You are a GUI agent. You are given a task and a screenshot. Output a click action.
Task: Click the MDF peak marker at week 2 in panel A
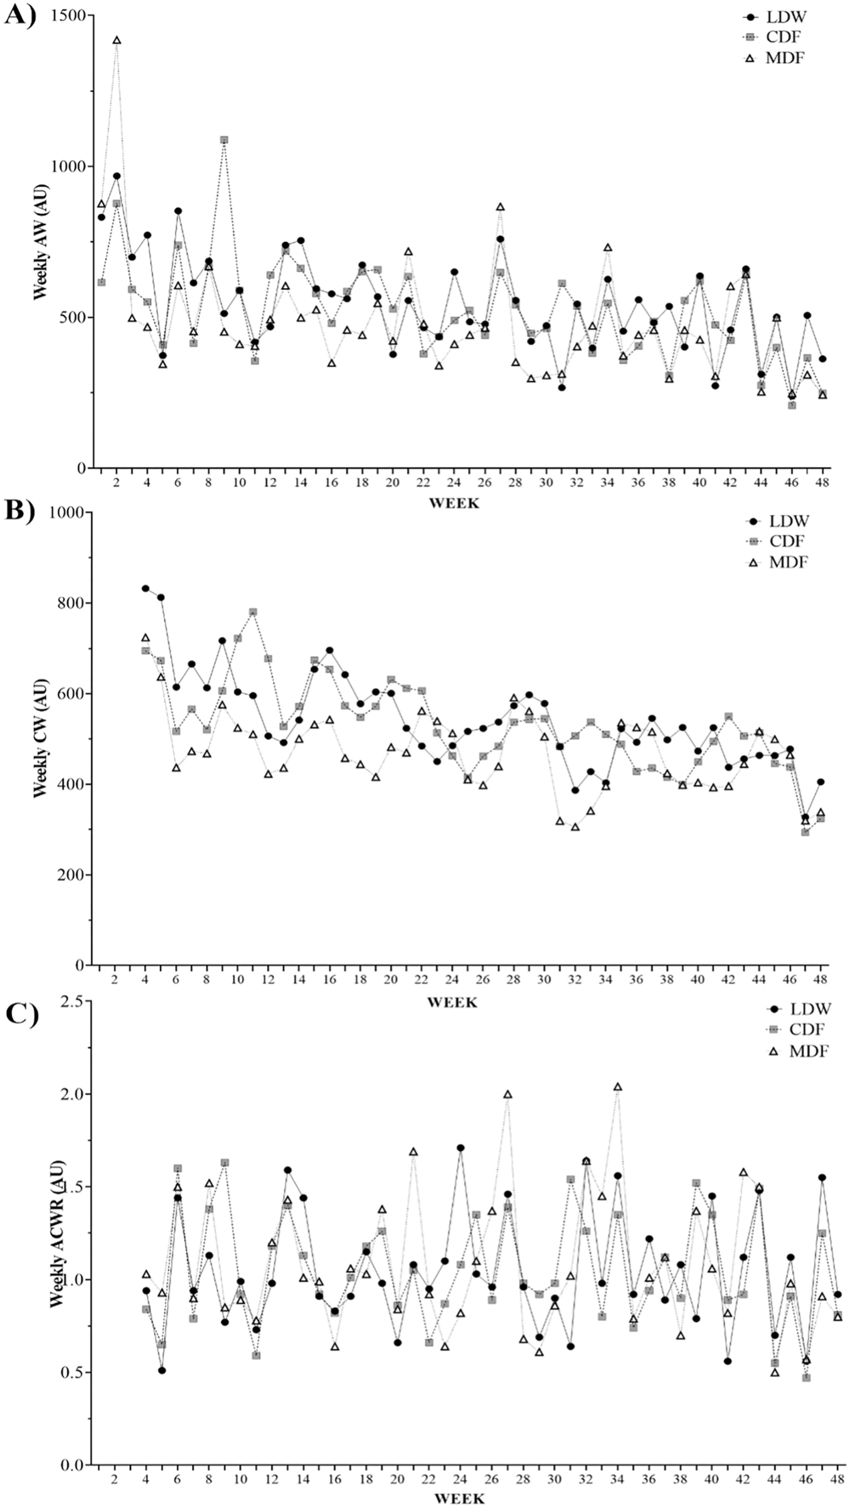tap(117, 41)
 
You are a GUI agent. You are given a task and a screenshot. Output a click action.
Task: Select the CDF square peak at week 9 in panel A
tap(224, 140)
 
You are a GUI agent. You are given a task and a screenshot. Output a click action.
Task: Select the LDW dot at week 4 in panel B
tap(146, 588)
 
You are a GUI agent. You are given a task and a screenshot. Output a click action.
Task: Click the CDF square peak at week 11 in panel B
tap(253, 612)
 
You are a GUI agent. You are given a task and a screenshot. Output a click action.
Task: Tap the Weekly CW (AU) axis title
tap(41, 739)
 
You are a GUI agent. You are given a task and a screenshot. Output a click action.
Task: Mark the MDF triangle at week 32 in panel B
tap(575, 827)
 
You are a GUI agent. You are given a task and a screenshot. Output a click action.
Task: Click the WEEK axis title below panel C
tap(459, 1499)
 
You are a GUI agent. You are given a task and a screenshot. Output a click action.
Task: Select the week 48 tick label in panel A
tap(822, 482)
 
